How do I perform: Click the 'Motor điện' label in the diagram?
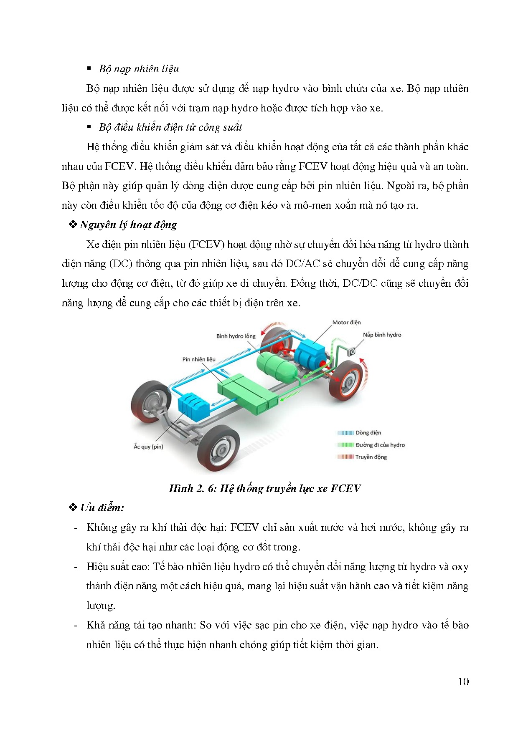click(x=346, y=322)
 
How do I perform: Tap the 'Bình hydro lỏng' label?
click(x=236, y=336)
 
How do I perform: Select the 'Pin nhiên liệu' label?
click(x=199, y=359)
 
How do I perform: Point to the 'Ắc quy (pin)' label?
click(x=148, y=447)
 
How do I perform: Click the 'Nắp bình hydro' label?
click(x=382, y=335)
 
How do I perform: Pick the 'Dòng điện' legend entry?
click(x=368, y=433)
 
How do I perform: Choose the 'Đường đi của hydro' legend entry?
click(x=380, y=445)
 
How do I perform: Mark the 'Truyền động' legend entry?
click(x=371, y=457)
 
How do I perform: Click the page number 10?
click(x=463, y=682)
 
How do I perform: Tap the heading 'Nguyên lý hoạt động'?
click(x=128, y=225)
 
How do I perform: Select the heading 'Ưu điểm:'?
click(x=102, y=508)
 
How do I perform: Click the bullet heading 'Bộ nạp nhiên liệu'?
click(x=139, y=69)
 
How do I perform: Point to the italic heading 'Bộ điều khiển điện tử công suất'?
click(x=170, y=127)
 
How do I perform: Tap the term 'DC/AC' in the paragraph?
click(x=302, y=264)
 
